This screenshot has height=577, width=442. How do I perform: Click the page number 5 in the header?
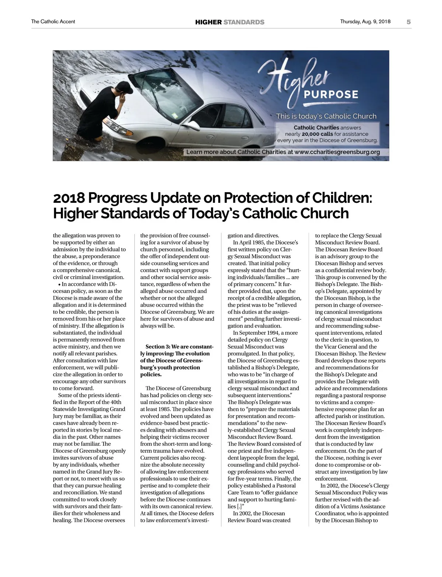[408, 22]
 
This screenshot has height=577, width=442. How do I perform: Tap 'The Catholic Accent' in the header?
[53, 22]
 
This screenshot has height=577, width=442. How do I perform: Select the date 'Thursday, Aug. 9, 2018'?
[365, 22]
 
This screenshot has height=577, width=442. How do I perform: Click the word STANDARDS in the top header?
[244, 22]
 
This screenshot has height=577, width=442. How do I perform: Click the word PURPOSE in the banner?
[331, 94]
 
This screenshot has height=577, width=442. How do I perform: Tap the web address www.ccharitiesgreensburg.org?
[337, 152]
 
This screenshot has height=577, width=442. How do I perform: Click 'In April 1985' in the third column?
[249, 243]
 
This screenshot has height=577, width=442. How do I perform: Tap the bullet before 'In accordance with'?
[59, 284]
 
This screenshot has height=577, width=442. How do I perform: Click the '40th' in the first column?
[116, 402]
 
